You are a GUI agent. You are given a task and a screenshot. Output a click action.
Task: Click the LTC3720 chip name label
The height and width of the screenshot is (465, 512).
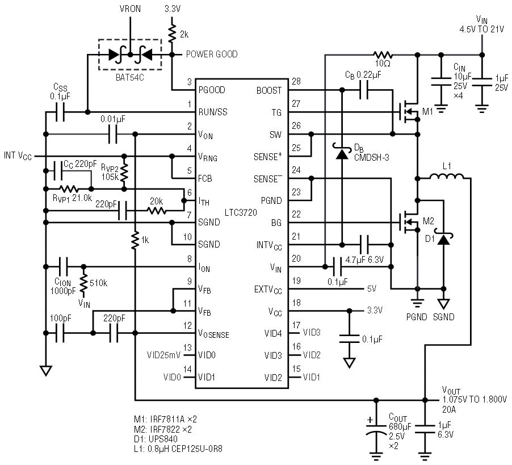pyautogui.click(x=241, y=212)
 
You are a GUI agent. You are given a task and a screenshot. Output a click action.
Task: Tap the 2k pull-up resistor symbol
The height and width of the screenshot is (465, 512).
pyautogui.click(x=172, y=34)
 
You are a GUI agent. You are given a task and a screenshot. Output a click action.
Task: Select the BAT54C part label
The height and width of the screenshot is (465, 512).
pyautogui.click(x=129, y=78)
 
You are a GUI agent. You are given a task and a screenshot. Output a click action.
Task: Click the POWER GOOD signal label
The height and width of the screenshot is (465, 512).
pyautogui.click(x=212, y=54)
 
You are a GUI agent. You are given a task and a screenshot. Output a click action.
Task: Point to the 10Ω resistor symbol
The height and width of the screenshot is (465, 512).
pyautogui.click(x=383, y=55)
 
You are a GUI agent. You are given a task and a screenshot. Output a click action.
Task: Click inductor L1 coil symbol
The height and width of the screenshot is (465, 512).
pyautogui.click(x=447, y=177)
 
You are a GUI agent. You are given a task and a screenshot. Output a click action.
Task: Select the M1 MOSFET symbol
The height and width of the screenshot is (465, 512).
pyautogui.click(x=409, y=112)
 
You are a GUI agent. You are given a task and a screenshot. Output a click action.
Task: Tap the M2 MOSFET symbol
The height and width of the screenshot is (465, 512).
pyautogui.click(x=409, y=223)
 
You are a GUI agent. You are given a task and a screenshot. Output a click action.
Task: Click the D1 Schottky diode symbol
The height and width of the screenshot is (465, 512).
pyautogui.click(x=443, y=240)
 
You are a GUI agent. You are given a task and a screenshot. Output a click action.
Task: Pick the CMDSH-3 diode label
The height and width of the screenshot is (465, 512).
pyautogui.click(x=372, y=158)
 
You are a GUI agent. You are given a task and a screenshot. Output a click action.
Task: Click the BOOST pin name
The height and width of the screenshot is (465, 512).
pyautogui.click(x=268, y=90)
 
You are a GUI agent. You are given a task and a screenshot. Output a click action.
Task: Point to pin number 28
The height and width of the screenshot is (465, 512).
pyautogui.click(x=296, y=81)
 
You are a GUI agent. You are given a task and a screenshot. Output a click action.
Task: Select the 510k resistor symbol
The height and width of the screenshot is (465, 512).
pyautogui.click(x=83, y=282)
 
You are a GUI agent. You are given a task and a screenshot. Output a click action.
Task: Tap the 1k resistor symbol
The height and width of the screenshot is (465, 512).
pyautogui.click(x=135, y=240)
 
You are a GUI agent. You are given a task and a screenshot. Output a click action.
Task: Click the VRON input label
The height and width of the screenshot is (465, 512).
pyautogui.click(x=130, y=9)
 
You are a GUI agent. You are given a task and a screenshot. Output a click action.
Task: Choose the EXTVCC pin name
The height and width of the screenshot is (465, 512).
pyautogui.click(x=268, y=290)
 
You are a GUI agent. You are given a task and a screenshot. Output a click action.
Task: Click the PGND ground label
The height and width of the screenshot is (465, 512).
pyautogui.click(x=417, y=317)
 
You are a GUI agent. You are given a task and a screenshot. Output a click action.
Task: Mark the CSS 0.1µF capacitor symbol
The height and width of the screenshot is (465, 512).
pyautogui.click(x=60, y=112)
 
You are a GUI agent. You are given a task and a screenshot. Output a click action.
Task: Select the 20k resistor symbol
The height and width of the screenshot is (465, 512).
pyautogui.click(x=157, y=211)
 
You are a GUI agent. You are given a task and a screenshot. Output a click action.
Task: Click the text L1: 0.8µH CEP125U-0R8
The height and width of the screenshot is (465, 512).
pyautogui.click(x=178, y=449)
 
